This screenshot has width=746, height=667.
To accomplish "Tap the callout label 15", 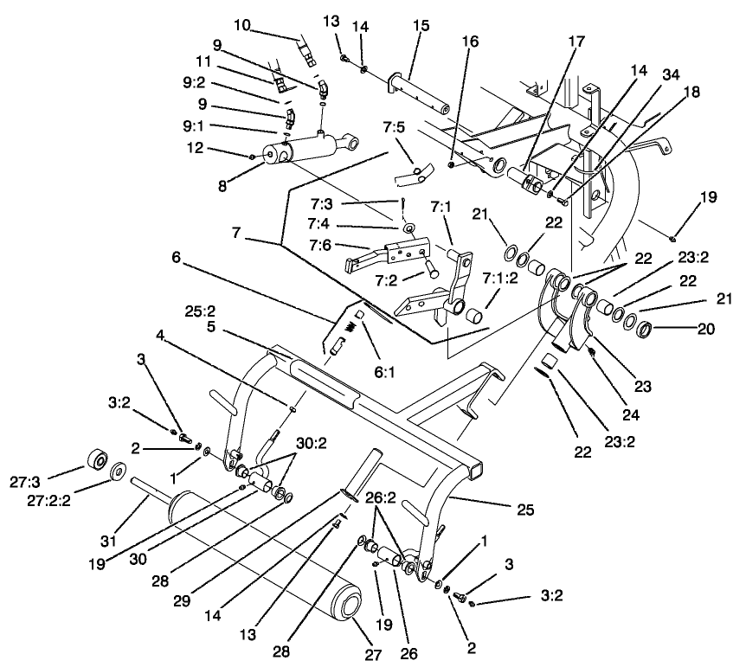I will click(421, 27).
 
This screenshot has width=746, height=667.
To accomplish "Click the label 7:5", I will click(392, 127).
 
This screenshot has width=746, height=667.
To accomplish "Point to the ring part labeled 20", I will click(642, 329).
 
